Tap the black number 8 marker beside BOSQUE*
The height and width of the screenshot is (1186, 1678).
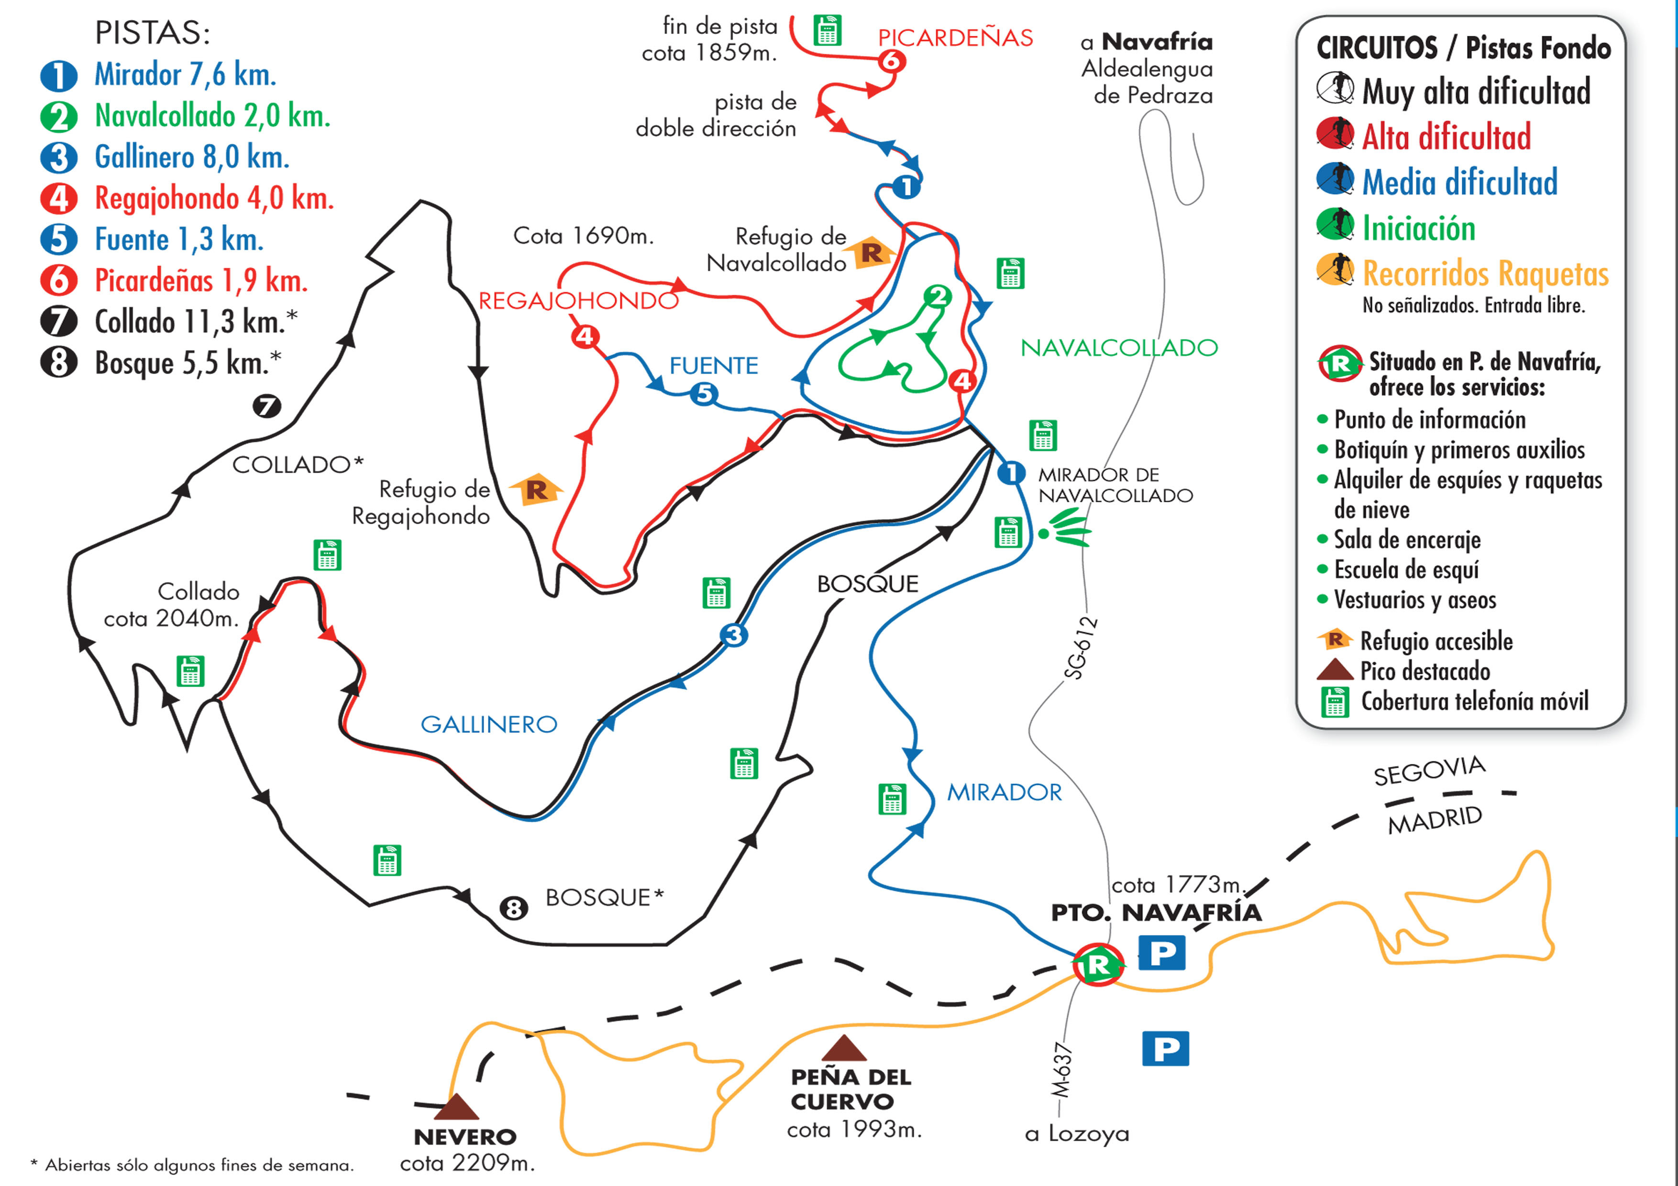click(514, 908)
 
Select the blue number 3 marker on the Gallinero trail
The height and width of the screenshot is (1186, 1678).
click(734, 635)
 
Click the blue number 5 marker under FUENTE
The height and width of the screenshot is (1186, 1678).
click(704, 394)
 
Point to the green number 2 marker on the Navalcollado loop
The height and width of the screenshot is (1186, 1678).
click(937, 296)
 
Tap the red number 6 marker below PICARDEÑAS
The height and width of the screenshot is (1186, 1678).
click(892, 61)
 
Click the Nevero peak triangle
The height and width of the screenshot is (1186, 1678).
click(457, 1108)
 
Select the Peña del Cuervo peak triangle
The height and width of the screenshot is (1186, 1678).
click(844, 1049)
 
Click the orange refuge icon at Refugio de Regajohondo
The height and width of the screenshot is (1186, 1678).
click(536, 490)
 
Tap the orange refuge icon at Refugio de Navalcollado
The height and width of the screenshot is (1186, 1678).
click(871, 253)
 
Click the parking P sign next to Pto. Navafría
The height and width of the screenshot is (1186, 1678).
click(1162, 953)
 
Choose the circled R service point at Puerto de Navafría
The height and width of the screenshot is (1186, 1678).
click(1098, 965)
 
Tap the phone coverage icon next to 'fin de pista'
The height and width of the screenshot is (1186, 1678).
click(828, 31)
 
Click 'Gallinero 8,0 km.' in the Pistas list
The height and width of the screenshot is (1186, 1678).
click(191, 157)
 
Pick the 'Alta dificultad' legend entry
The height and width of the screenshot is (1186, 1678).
click(1446, 137)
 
